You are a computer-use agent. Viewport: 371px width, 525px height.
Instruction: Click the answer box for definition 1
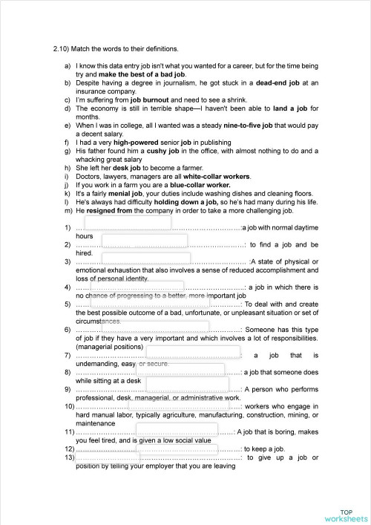coord(128,223)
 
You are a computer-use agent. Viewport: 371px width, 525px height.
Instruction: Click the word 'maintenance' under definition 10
coord(95,423)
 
